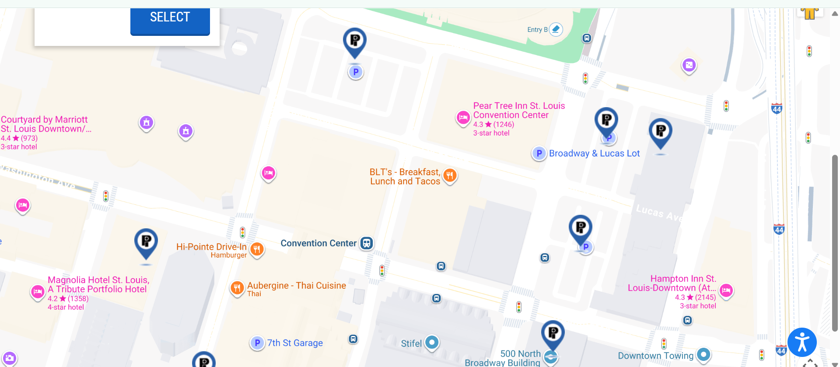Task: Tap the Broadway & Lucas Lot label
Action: [x=594, y=154]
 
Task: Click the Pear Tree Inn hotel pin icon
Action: [x=463, y=117]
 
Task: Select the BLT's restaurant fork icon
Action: [x=450, y=175]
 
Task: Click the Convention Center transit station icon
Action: [x=367, y=243]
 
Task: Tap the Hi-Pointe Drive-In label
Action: [x=211, y=247]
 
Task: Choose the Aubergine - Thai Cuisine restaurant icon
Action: [x=237, y=288]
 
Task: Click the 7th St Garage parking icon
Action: [x=257, y=343]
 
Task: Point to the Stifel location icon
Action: [x=432, y=342]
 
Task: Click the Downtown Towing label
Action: [x=655, y=356]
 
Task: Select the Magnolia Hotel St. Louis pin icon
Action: [x=38, y=291]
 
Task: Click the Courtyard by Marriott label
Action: [x=44, y=124]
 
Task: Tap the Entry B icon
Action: [x=556, y=29]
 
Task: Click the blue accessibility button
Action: [x=802, y=342]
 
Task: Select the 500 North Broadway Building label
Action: [x=503, y=358]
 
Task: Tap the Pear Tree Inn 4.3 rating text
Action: [x=493, y=124]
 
